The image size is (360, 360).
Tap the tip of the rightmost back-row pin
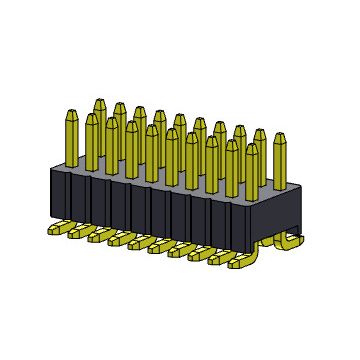tap(261, 132)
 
